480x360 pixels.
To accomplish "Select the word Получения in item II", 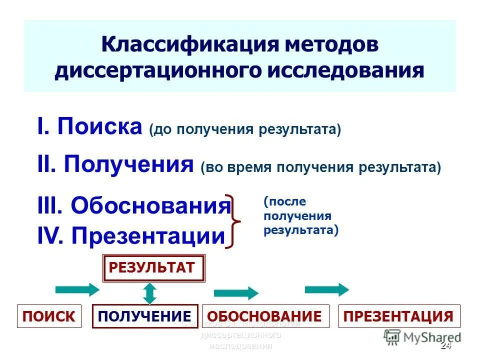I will [x=128, y=163].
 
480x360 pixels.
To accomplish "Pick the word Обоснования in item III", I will [x=150, y=205].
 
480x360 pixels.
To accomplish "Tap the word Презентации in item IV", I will [x=148, y=235].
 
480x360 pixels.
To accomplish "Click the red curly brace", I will [x=235, y=220].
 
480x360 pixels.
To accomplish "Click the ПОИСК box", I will [x=49, y=316].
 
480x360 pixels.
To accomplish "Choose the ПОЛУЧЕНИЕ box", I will [x=145, y=316].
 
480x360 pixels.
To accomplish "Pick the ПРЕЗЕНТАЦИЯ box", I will [x=399, y=316].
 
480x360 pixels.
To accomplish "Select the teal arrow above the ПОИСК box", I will [x=77, y=289].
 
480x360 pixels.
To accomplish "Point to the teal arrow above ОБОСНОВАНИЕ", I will [x=235, y=293].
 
